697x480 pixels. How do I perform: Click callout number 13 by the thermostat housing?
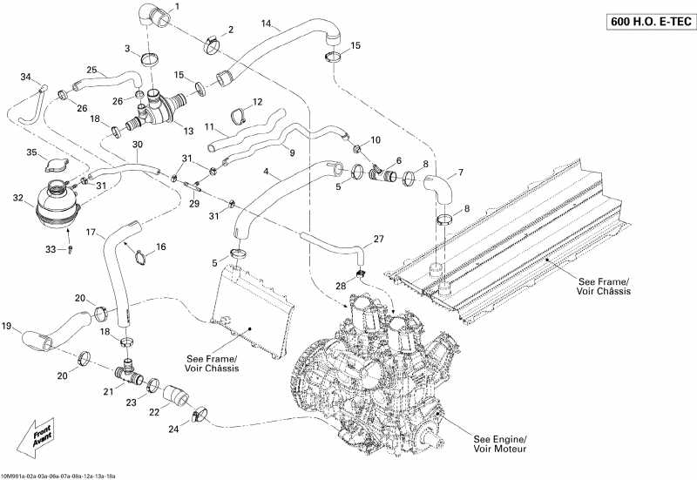(187, 131)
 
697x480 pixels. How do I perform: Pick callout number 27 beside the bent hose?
(378, 238)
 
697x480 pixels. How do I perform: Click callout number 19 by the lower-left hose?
(7, 327)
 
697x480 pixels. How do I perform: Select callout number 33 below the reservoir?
(51, 249)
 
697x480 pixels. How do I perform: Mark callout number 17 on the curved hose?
(91, 233)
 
